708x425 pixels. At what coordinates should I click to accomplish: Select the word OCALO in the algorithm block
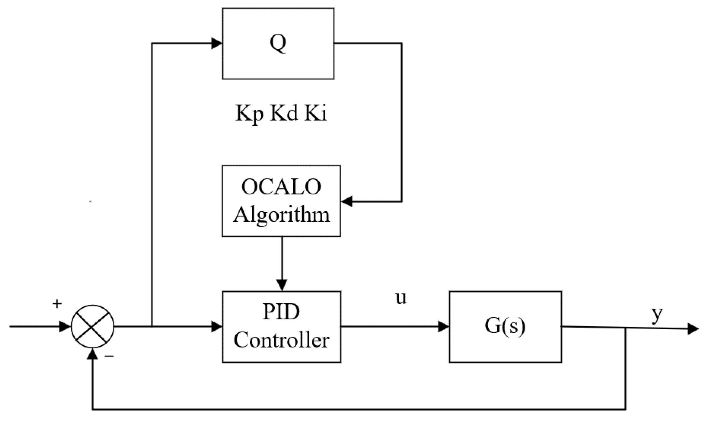(281, 187)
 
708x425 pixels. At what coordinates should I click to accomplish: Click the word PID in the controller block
(281, 312)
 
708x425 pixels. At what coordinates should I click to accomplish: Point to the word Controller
(281, 340)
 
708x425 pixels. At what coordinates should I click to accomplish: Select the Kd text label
(283, 113)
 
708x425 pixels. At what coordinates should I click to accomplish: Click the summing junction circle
(92, 326)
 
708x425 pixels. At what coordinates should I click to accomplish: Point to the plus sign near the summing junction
(57, 304)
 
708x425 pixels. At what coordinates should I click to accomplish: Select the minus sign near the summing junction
(109, 356)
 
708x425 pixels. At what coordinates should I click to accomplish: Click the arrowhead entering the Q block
(217, 44)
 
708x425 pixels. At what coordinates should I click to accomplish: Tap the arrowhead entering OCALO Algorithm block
(347, 202)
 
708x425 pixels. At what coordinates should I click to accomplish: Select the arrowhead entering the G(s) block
(443, 326)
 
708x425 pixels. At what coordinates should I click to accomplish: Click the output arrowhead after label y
(693, 329)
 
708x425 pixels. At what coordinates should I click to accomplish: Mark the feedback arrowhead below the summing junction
(93, 354)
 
